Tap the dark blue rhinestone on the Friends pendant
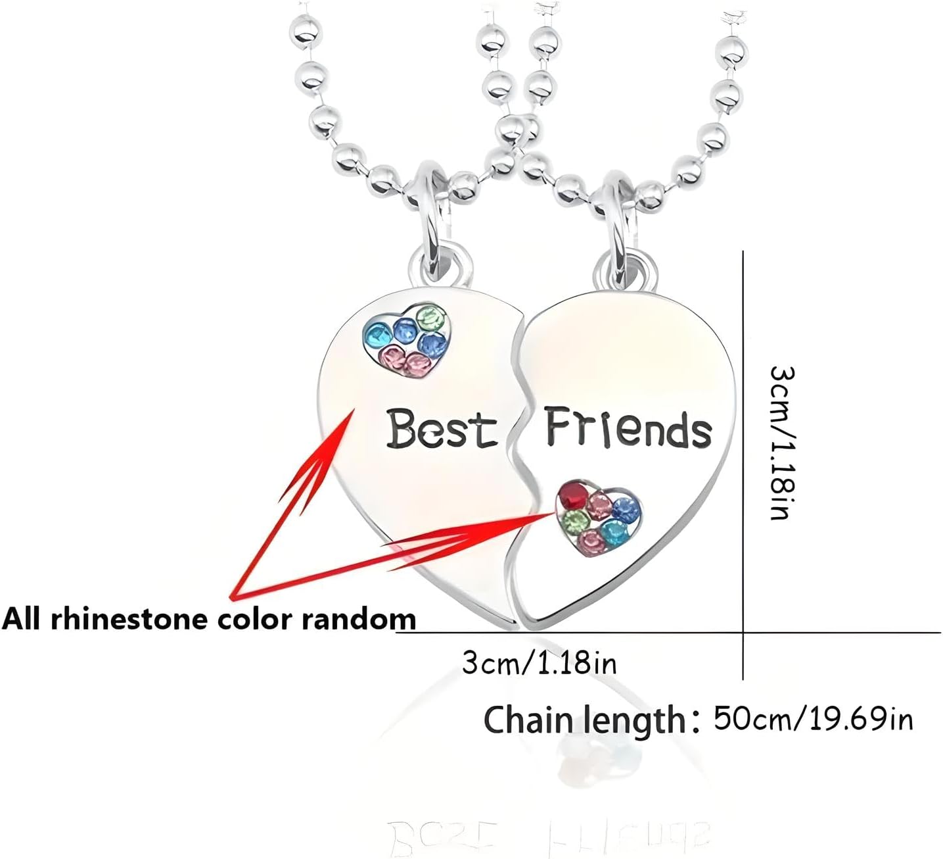(x=628, y=508)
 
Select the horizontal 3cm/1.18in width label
(x=540, y=663)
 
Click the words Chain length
(x=586, y=720)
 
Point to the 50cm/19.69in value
(x=814, y=718)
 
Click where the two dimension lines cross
(x=743, y=633)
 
